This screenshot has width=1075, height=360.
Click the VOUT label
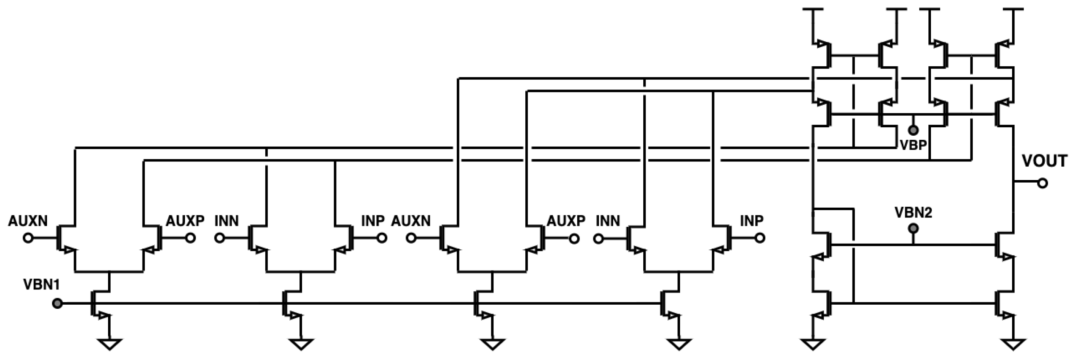click(1044, 161)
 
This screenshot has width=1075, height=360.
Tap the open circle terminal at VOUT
click(1042, 183)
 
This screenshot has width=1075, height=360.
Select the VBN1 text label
click(42, 285)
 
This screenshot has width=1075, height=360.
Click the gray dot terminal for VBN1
click(58, 303)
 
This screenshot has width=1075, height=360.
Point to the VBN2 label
click(913, 213)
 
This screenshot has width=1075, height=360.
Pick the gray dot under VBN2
click(914, 229)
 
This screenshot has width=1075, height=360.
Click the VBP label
click(913, 145)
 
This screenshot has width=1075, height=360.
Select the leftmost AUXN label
click(28, 221)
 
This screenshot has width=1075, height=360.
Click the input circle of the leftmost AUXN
click(28, 238)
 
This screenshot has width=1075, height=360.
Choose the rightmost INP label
click(752, 221)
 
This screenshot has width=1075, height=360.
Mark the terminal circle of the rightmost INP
click(760, 238)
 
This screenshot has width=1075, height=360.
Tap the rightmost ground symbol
click(1012, 344)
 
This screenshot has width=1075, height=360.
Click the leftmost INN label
click(227, 221)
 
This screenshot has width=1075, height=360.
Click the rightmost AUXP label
click(566, 221)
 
